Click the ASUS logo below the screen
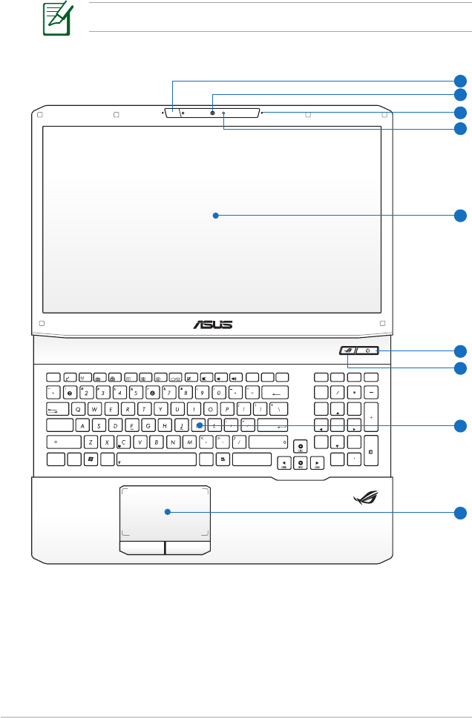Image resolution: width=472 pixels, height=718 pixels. coord(214,324)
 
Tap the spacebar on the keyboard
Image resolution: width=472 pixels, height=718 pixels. coord(157,459)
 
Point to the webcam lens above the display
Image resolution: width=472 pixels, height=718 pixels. coord(213,113)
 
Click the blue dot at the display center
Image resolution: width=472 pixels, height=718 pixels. coord(214,216)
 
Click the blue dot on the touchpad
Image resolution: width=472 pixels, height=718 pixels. coord(168,511)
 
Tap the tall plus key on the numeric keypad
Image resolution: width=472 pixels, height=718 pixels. coord(371,416)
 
